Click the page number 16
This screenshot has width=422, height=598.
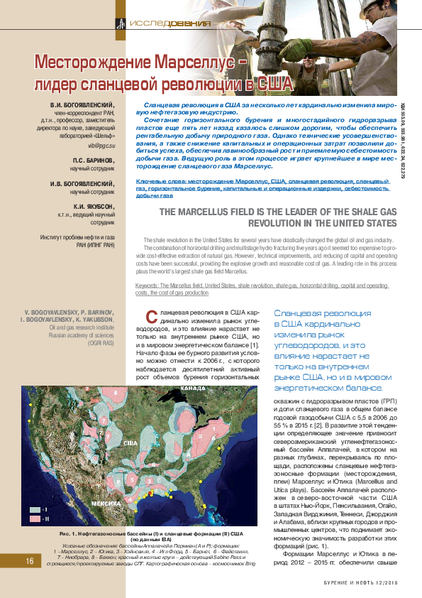click(x=30, y=561)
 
